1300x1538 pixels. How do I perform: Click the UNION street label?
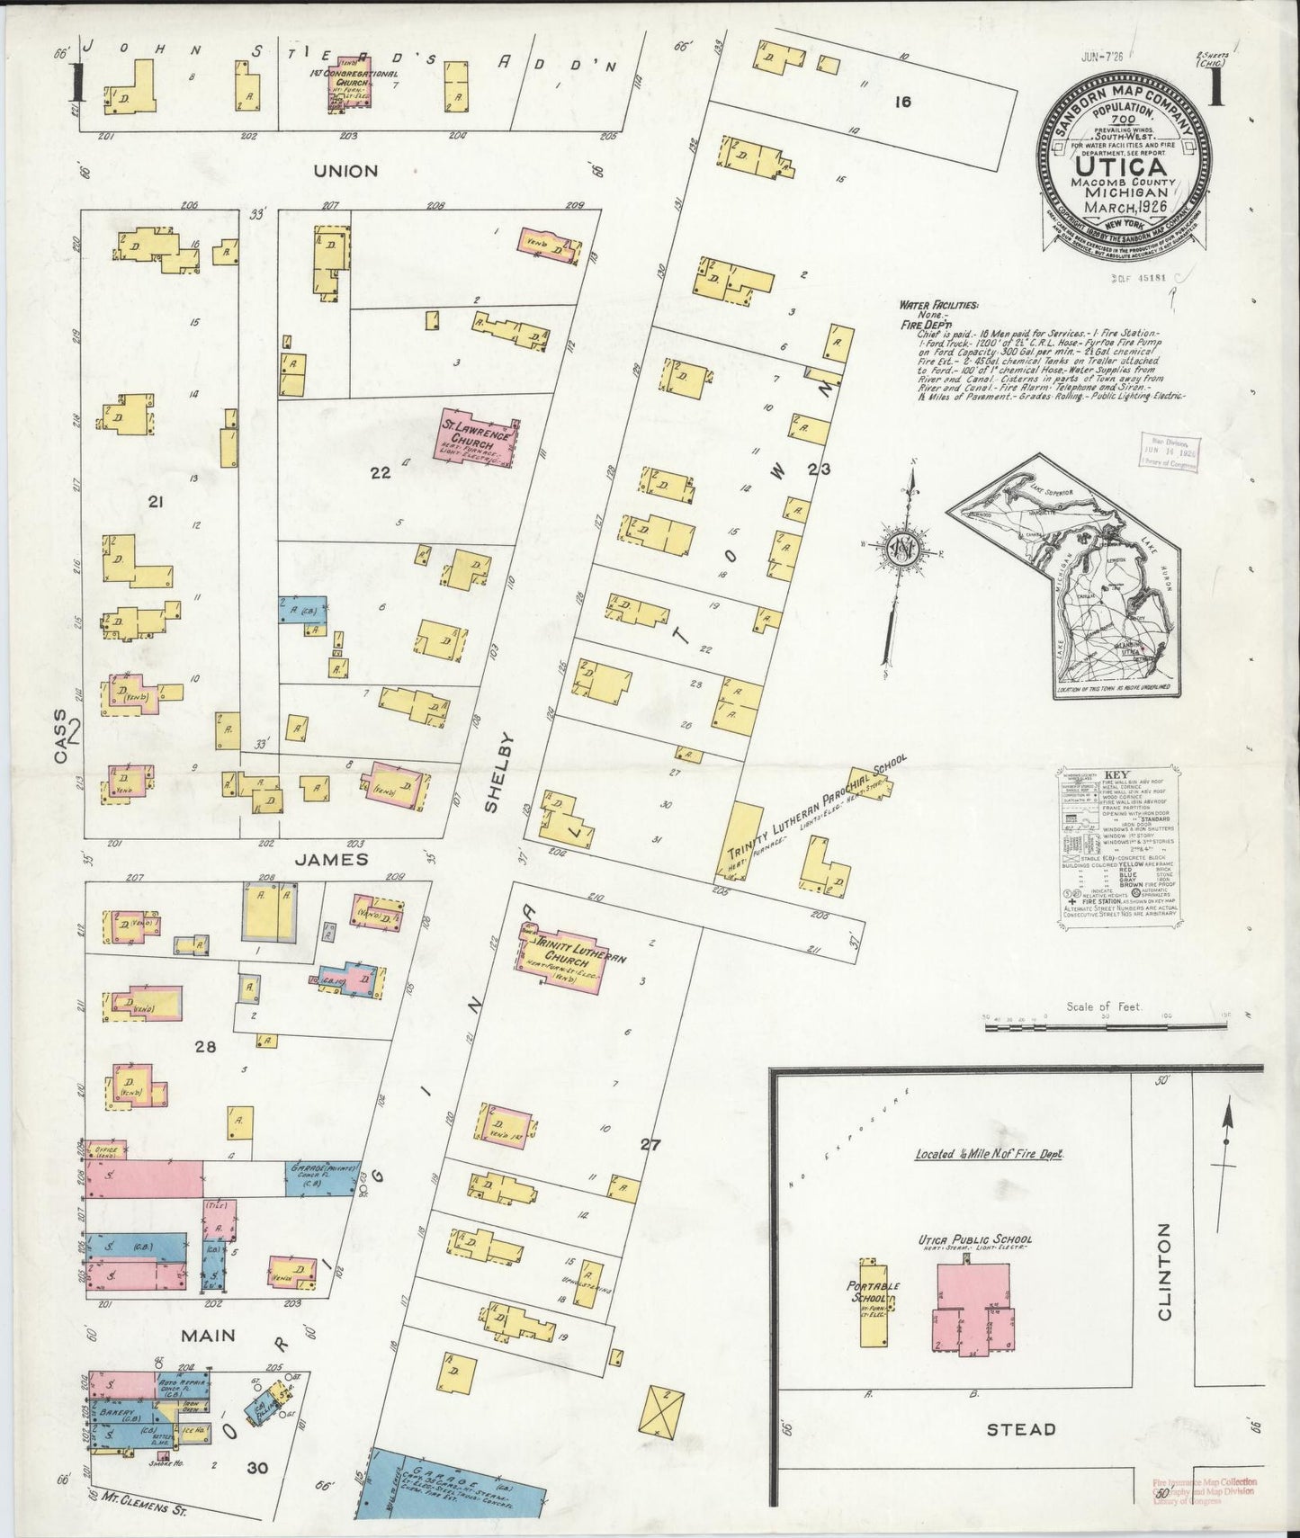345,171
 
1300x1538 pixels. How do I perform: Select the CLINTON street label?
1165,1271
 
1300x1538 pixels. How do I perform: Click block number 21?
156,504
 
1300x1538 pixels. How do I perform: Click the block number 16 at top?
902,102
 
